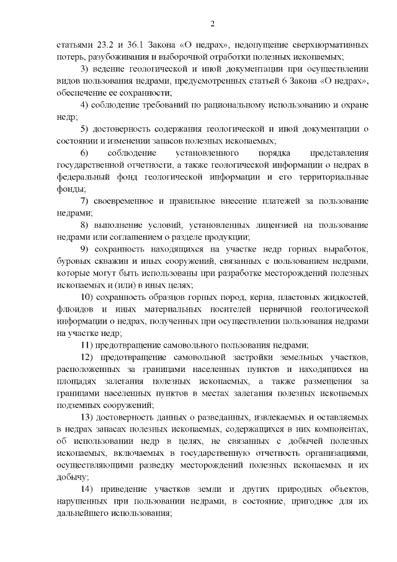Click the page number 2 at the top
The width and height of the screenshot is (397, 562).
[x=212, y=24]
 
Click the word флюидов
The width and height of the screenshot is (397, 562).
[x=74, y=310]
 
